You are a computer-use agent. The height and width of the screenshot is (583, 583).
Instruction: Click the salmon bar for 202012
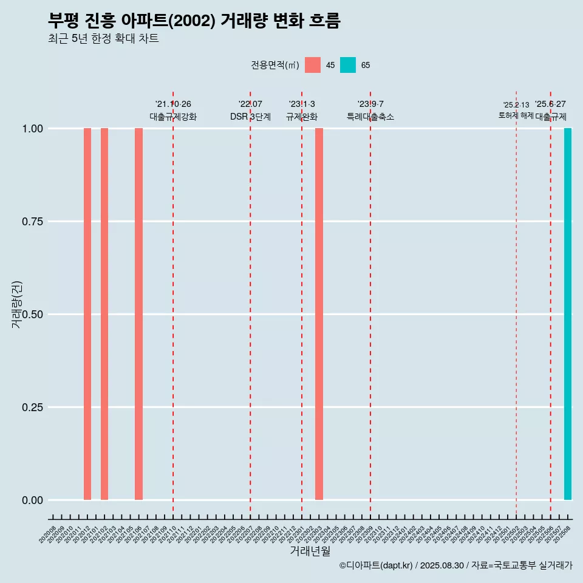click(87, 314)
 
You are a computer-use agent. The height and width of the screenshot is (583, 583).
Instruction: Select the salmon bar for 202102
click(104, 314)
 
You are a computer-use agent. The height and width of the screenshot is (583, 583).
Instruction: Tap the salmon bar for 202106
click(138, 314)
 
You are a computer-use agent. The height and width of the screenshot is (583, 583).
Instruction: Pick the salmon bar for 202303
click(319, 314)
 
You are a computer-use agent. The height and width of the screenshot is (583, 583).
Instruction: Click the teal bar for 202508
click(568, 314)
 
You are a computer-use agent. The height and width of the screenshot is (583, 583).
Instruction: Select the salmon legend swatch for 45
click(313, 65)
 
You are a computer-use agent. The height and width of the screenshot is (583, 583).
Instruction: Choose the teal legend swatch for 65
click(348, 65)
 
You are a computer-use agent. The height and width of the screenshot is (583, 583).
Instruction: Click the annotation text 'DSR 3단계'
click(250, 117)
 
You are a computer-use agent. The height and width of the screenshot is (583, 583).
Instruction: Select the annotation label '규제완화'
click(302, 117)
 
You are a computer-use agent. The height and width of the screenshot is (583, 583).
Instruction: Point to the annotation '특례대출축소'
click(370, 117)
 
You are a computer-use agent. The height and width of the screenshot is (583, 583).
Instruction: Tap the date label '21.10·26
click(173, 104)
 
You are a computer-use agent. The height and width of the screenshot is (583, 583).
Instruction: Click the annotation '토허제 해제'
click(516, 115)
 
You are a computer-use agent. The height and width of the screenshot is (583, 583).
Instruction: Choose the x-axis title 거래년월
click(310, 551)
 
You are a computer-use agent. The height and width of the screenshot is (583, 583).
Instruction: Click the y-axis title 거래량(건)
click(17, 304)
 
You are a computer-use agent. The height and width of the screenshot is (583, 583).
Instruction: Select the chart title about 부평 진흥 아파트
click(194, 21)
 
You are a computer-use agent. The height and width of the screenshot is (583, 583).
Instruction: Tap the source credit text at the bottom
click(455, 565)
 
